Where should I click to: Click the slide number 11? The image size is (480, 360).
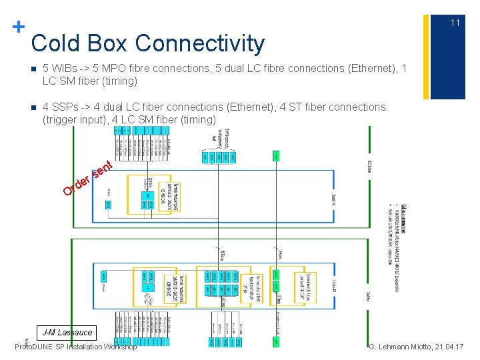point(455,23)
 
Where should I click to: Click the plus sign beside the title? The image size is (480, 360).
point(19,27)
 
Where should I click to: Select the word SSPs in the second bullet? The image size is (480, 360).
point(67,107)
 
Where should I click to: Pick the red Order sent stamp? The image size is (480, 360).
point(85,177)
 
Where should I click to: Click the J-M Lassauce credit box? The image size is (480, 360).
point(67,332)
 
